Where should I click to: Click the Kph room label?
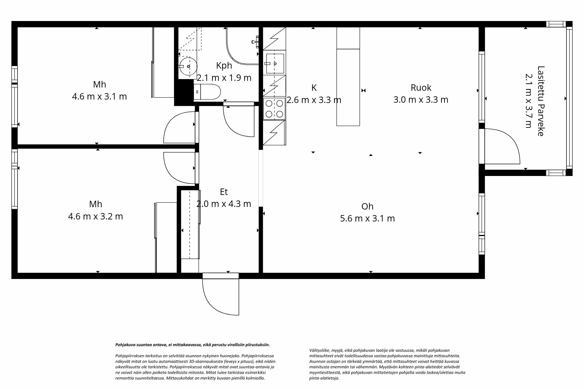pos(224,66)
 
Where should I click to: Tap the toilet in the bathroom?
pos(207,92)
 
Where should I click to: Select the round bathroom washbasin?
pos(188,67)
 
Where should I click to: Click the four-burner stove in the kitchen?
pos(274,109)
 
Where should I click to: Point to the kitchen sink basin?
pos(274,64)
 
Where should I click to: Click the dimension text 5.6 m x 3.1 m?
pos(367,218)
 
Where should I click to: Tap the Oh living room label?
pos(367,207)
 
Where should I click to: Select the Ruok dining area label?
pos(421,88)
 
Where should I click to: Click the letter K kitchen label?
pos(314,88)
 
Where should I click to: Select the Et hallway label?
pos(224,192)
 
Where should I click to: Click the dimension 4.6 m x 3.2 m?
pos(95,216)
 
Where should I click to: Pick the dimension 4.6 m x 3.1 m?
pos(99,96)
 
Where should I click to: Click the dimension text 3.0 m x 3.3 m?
pos(421,100)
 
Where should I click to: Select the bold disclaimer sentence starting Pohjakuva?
pos(192,345)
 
